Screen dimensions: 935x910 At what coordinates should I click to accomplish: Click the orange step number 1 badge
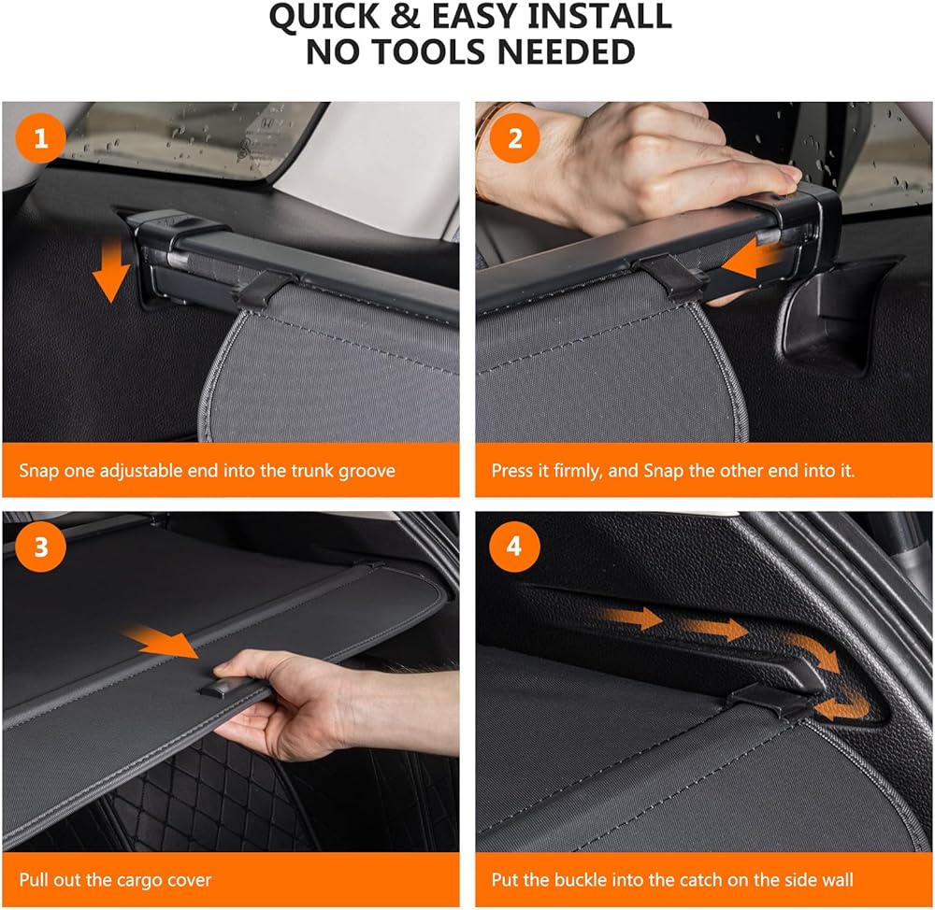coord(40,138)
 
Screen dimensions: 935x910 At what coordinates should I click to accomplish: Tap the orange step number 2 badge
coord(514,138)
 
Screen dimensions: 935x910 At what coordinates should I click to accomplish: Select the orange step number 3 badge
coord(40,547)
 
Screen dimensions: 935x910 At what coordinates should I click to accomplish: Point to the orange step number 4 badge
coord(514,547)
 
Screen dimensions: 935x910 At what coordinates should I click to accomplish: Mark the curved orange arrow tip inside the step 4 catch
coord(820,710)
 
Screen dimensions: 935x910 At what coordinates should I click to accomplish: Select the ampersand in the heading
coord(405,17)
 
